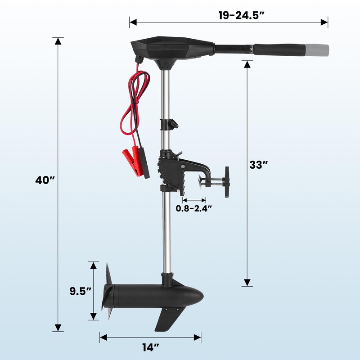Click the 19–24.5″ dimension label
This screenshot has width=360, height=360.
click(x=241, y=16)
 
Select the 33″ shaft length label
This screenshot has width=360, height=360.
click(x=258, y=165)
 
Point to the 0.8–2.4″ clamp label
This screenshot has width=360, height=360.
click(x=193, y=208)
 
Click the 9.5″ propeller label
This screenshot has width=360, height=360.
click(x=81, y=291)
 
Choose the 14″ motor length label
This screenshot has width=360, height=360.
click(x=151, y=347)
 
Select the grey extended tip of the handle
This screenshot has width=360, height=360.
click(x=317, y=50)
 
